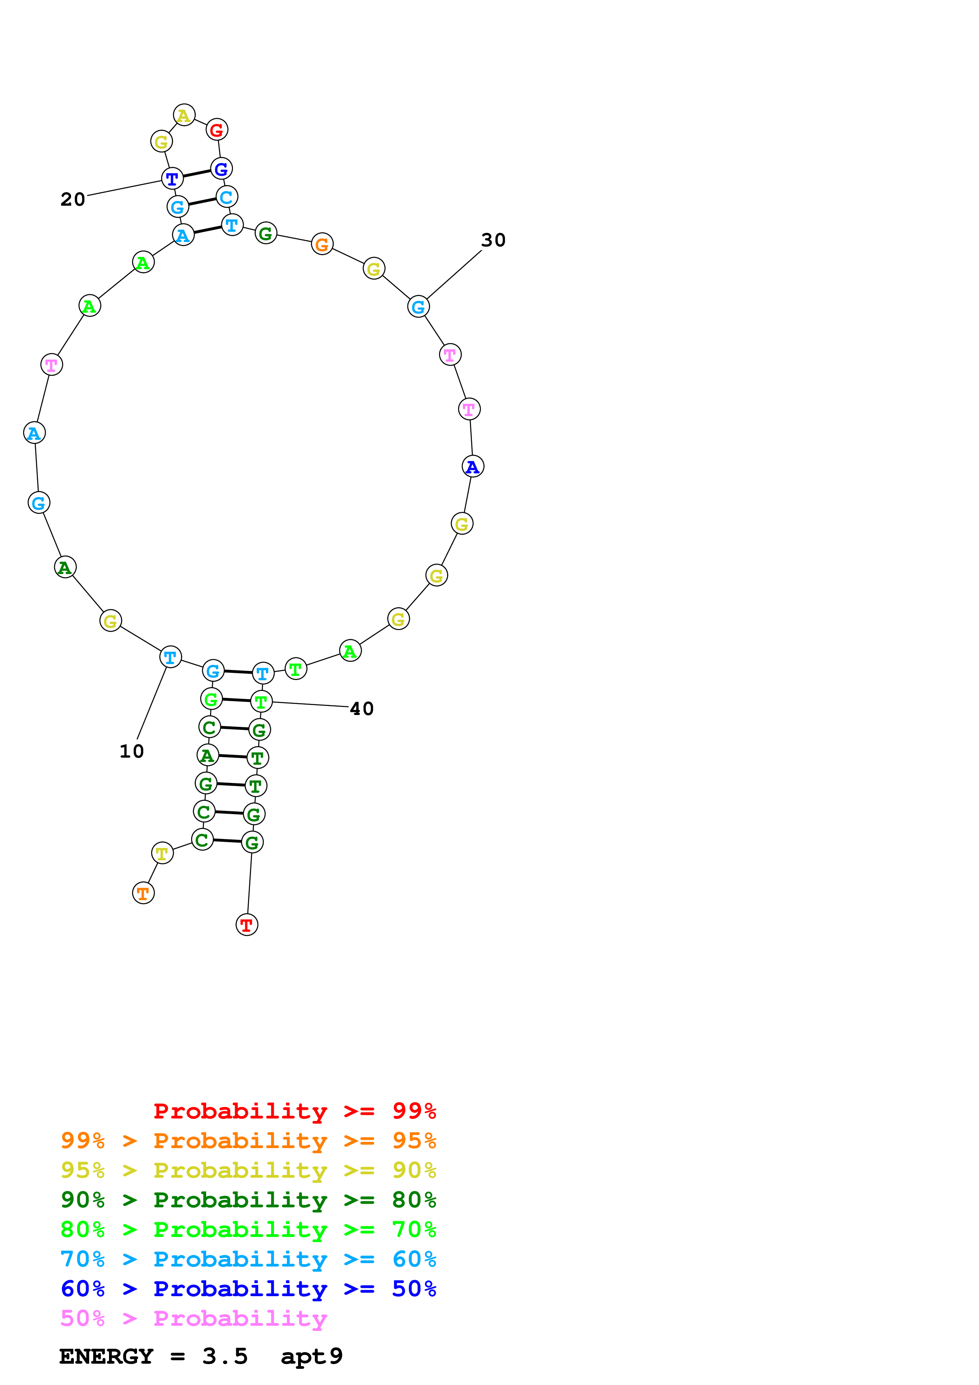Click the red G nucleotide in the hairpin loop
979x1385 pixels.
click(x=216, y=129)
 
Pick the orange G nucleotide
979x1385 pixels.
click(x=322, y=244)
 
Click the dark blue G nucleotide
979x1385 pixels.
click(x=222, y=169)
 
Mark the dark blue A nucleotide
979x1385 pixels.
click(x=473, y=466)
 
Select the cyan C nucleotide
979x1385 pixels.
click(x=227, y=197)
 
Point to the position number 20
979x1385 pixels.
click(x=73, y=199)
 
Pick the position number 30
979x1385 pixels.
click(x=493, y=240)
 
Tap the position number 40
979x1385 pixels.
click(x=362, y=709)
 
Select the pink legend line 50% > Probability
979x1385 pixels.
click(x=194, y=1319)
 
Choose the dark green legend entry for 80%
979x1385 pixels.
click(x=248, y=1200)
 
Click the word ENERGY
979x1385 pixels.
click(x=106, y=1357)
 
